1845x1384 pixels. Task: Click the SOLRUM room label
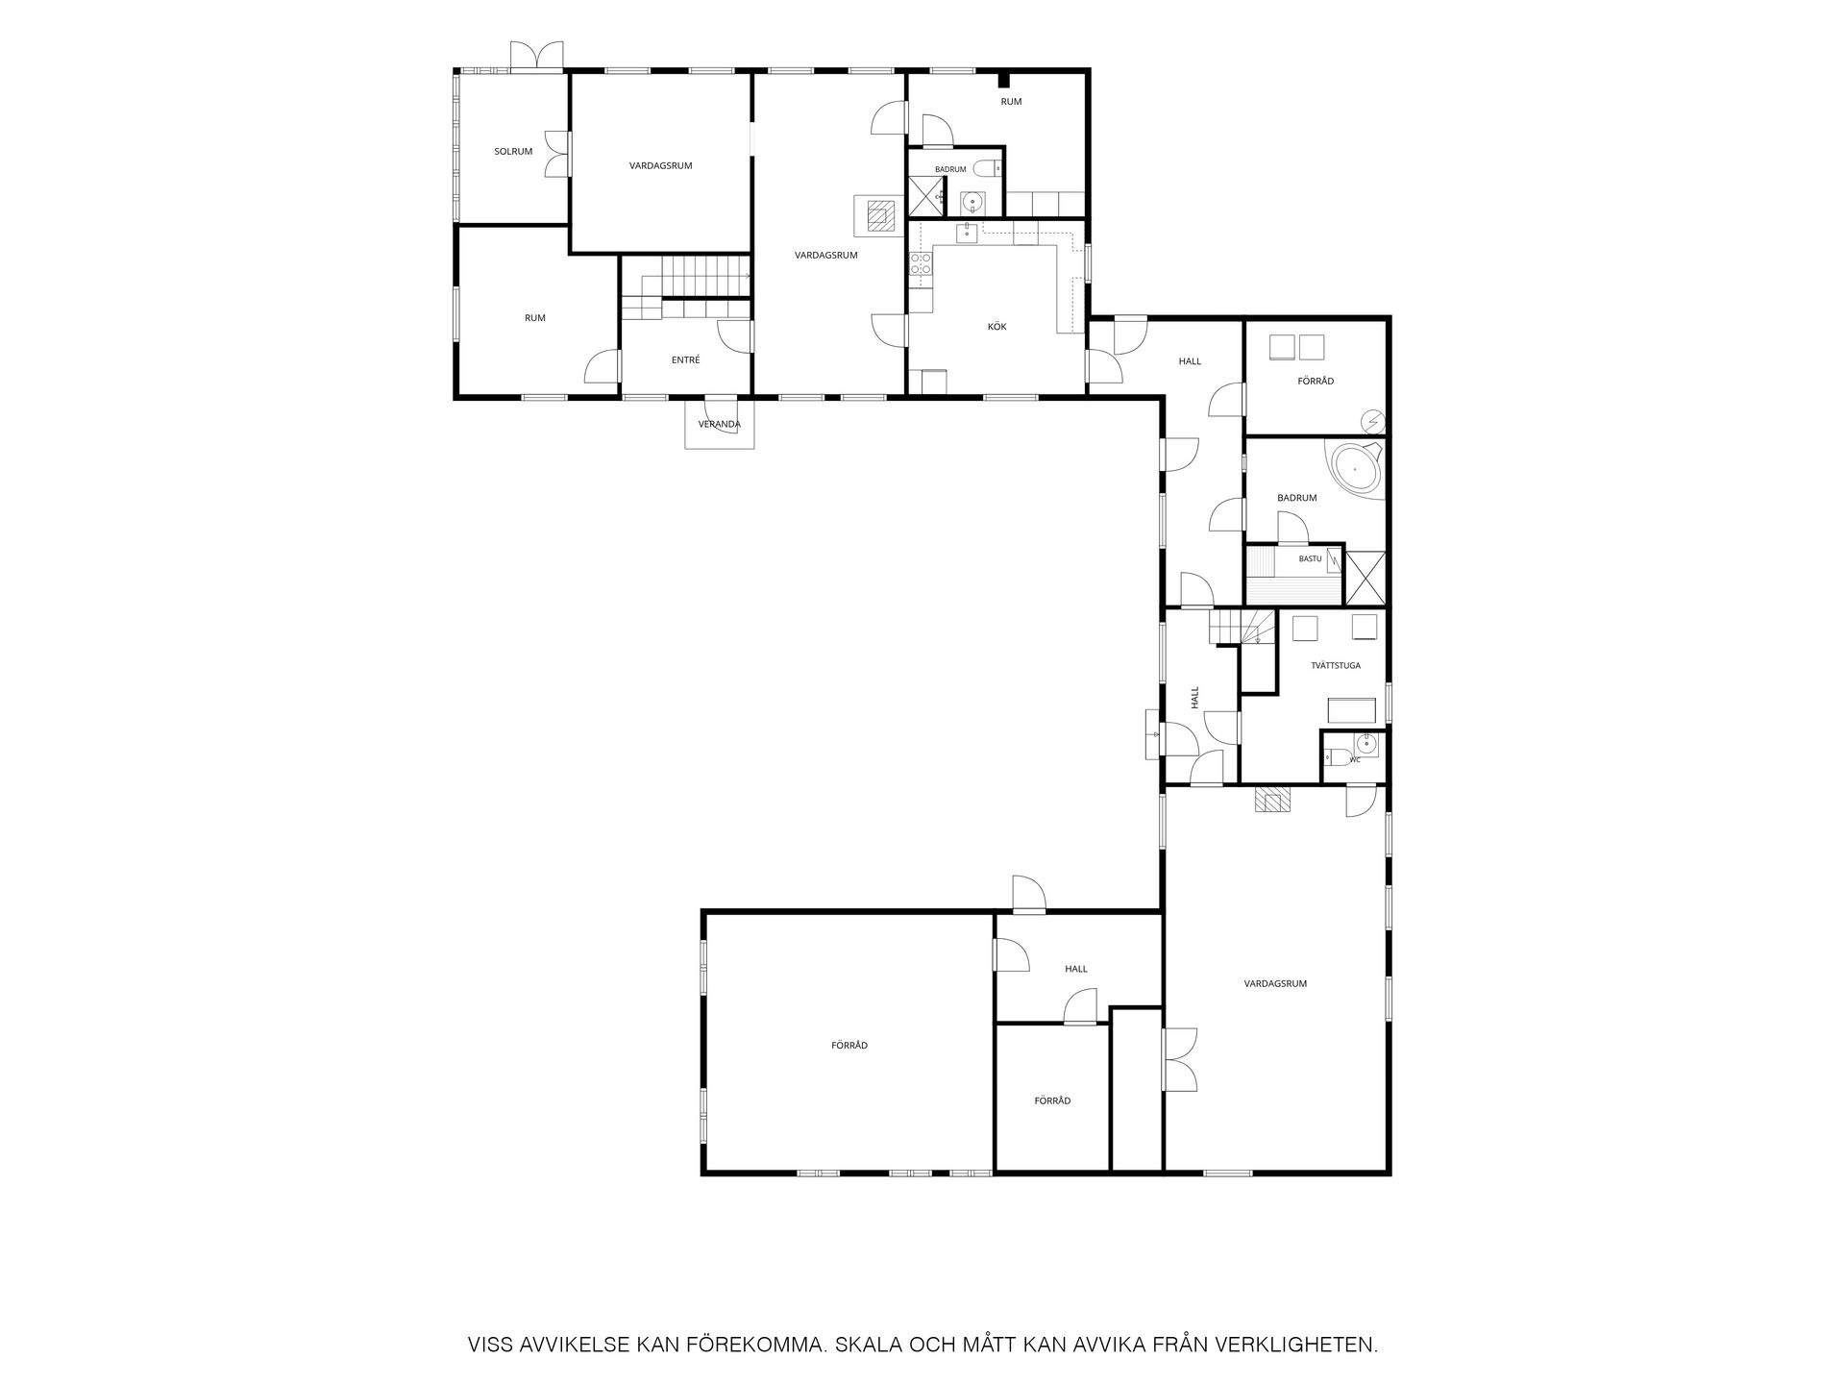point(513,151)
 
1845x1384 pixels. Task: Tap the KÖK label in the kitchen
point(997,327)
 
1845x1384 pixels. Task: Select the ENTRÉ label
point(685,360)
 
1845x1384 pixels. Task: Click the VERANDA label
point(719,424)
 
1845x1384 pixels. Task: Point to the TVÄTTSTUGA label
point(1336,665)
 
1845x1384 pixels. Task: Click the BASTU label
point(1310,558)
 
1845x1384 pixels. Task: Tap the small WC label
point(1355,760)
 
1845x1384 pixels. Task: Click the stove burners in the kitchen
point(920,264)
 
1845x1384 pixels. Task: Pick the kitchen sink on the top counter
point(967,234)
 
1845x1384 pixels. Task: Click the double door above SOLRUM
point(536,55)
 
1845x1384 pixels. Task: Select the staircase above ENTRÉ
point(685,286)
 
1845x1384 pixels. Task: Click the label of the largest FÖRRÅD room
point(849,1045)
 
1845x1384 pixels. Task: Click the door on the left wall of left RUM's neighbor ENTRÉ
point(603,366)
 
